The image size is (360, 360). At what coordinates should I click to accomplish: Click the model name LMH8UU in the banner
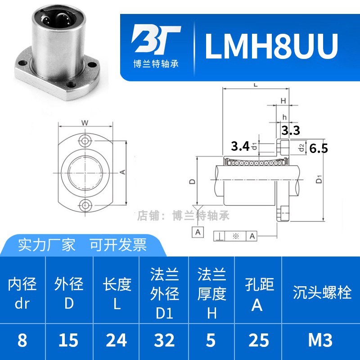click(x=271, y=45)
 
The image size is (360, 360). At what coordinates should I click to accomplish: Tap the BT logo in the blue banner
click(x=156, y=40)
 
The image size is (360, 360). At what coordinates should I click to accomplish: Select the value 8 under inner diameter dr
click(x=22, y=341)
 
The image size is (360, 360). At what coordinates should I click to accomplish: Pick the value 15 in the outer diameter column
click(x=68, y=341)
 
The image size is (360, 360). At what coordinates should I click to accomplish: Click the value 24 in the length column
click(x=117, y=341)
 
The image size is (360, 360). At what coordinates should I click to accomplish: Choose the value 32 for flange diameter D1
click(x=165, y=341)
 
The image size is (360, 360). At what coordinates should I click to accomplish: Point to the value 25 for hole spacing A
click(x=257, y=341)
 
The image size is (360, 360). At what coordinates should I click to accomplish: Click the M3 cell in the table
click(x=320, y=341)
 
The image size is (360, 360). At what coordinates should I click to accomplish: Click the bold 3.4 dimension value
click(x=239, y=146)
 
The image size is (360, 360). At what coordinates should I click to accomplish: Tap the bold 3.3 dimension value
click(x=291, y=130)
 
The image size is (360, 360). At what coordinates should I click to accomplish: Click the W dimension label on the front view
click(x=85, y=123)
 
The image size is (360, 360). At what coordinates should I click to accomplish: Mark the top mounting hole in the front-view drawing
click(x=85, y=139)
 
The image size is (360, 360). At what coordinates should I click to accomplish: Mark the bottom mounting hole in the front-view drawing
click(x=85, y=206)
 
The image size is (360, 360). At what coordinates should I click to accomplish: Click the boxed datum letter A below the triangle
click(x=198, y=232)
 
